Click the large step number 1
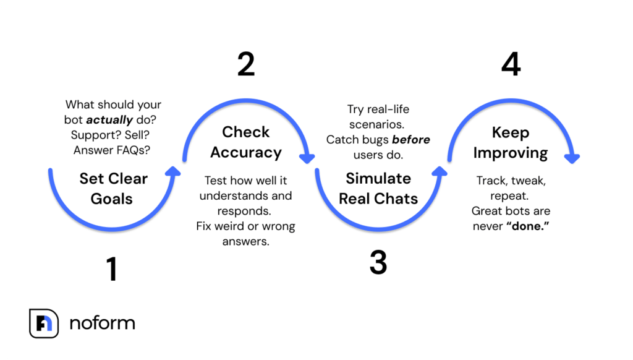click(x=112, y=268)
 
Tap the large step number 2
click(x=246, y=64)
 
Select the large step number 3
click(x=378, y=263)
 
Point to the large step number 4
click(x=511, y=64)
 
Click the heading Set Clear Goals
click(x=113, y=189)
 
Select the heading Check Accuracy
click(x=246, y=142)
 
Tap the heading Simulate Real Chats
click(x=378, y=189)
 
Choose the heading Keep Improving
click(x=511, y=143)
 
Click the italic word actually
click(x=109, y=120)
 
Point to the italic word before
click(x=411, y=139)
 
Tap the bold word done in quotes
click(x=528, y=226)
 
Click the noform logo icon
click(x=44, y=324)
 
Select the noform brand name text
click(x=103, y=323)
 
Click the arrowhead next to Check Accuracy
click(x=307, y=158)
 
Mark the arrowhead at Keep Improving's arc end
click(x=572, y=158)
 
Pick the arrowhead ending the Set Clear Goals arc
click(x=173, y=171)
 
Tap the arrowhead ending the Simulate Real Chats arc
click(x=440, y=171)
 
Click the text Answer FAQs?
click(x=112, y=150)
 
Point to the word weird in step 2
click(x=229, y=226)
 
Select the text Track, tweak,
click(x=511, y=181)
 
